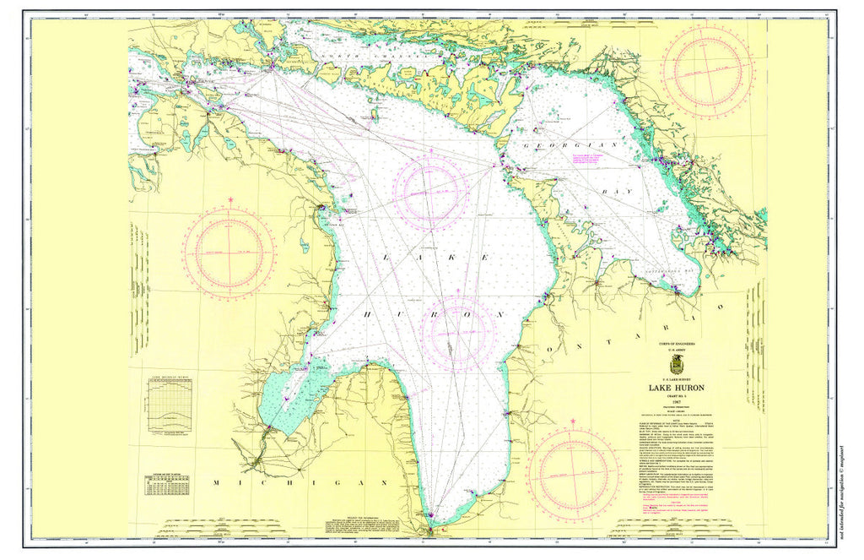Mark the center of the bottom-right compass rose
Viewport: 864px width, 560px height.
(574, 470)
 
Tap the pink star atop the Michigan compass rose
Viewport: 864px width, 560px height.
(230, 200)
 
